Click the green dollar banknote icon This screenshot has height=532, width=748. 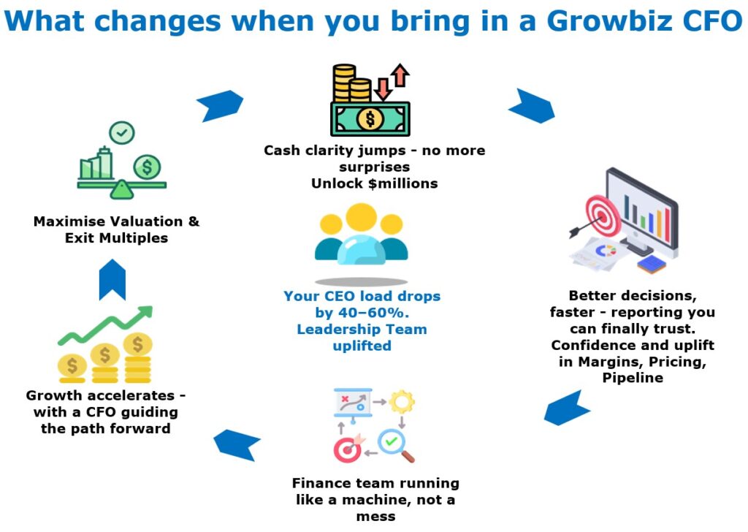(370, 119)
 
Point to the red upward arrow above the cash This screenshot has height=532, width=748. (400, 75)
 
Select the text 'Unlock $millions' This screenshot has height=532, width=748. (375, 183)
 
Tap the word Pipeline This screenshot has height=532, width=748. (633, 378)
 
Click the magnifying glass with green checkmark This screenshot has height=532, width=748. (395, 446)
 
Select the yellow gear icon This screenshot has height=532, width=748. (402, 402)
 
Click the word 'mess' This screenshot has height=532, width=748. (376, 516)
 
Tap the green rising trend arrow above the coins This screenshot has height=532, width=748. (105, 325)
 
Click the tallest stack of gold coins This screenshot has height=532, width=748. (137, 358)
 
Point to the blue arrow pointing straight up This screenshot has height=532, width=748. (112, 280)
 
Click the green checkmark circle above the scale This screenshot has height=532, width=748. (122, 133)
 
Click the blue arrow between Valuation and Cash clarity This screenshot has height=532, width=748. (220, 105)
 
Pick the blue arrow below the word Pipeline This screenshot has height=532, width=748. (567, 408)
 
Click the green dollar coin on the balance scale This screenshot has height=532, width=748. (147, 167)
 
